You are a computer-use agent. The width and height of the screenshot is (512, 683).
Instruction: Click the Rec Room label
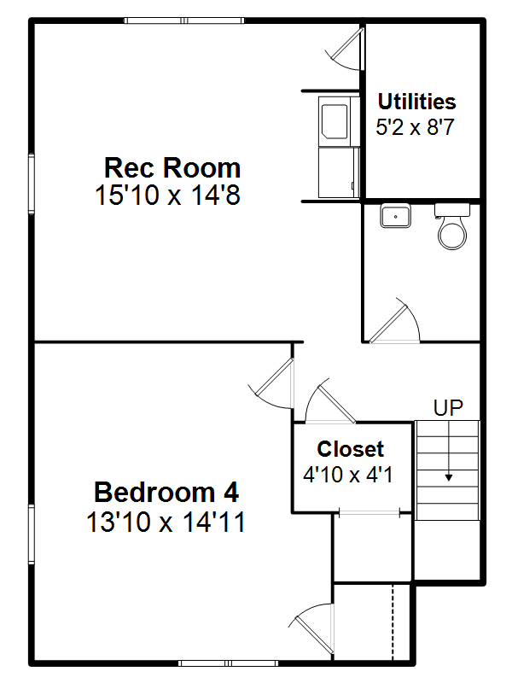[x=172, y=167]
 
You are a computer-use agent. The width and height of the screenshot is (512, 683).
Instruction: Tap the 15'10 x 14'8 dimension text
[x=167, y=195]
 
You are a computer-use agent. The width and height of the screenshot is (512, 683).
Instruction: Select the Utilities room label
[x=416, y=102]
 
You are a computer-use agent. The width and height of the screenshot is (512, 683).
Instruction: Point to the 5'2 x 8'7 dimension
[x=415, y=126]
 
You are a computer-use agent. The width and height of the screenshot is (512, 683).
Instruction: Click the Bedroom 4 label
[x=166, y=493]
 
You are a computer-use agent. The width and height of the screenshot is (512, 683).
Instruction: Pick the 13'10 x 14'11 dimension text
[x=166, y=522]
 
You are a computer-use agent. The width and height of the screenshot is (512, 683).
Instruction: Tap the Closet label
[x=351, y=449]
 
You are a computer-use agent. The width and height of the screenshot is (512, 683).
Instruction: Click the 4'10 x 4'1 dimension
[x=348, y=474]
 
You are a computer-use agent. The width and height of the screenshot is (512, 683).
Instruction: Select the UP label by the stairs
[x=448, y=408]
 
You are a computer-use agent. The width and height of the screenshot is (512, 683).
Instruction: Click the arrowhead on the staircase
[x=449, y=477]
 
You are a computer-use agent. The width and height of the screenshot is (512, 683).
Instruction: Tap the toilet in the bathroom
[x=452, y=226]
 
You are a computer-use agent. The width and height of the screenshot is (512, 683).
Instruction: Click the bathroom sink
[x=395, y=215]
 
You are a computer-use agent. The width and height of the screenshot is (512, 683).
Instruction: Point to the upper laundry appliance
[x=339, y=121]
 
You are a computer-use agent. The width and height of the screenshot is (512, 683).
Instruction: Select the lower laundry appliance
[x=339, y=172]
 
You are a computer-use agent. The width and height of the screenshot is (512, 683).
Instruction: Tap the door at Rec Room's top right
[x=345, y=49]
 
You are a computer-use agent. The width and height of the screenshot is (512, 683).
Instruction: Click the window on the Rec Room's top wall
[x=183, y=20]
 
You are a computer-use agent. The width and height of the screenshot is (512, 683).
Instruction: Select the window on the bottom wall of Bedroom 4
[x=228, y=663]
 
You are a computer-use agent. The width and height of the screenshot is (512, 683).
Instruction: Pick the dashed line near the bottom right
[x=393, y=622]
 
